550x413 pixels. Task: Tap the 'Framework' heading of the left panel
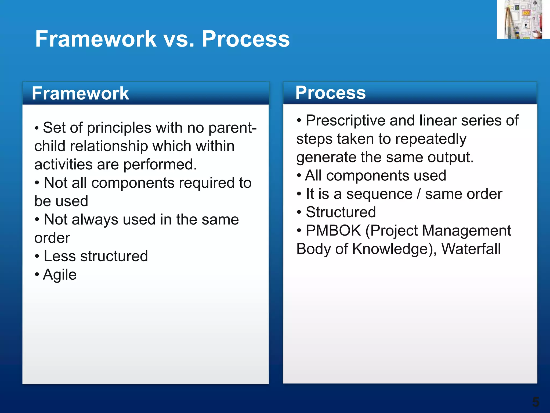(x=80, y=93)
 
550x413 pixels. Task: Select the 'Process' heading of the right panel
(x=330, y=92)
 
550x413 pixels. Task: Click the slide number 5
(x=535, y=402)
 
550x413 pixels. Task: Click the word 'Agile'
(x=60, y=275)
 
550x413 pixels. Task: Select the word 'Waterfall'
(x=471, y=249)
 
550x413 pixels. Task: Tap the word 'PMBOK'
(x=333, y=230)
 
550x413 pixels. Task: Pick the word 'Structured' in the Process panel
(x=341, y=212)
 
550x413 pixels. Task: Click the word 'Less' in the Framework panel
(x=60, y=256)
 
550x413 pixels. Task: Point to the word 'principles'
(x=119, y=128)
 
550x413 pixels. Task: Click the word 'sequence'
(x=379, y=194)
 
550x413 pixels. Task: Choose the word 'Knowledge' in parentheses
(x=390, y=249)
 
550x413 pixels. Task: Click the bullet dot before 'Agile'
(x=37, y=275)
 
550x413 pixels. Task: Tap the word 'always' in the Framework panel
(x=95, y=220)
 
